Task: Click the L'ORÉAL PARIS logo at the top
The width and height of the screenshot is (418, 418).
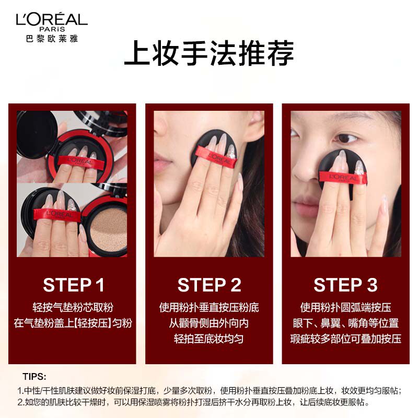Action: (x=51, y=21)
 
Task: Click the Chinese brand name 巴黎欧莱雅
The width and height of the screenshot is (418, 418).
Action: (x=51, y=38)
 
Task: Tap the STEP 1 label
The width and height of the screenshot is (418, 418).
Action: (x=74, y=285)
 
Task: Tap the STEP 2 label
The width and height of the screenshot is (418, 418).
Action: (x=209, y=285)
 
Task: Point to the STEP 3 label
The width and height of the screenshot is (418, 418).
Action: (x=345, y=285)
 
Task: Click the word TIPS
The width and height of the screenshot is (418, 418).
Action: (x=35, y=376)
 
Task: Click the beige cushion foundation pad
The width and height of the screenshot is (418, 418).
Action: (x=104, y=228)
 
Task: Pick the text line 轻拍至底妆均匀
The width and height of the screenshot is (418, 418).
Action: (x=209, y=339)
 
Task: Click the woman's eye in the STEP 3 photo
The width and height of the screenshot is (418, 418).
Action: (x=346, y=138)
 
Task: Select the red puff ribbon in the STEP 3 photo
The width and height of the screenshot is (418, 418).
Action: (x=342, y=178)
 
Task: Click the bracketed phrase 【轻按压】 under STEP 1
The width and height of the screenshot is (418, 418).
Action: (x=94, y=323)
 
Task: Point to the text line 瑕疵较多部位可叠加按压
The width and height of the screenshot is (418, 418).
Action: (x=345, y=339)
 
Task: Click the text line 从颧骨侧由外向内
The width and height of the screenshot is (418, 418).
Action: (x=209, y=323)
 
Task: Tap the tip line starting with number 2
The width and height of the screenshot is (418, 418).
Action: (x=193, y=403)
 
